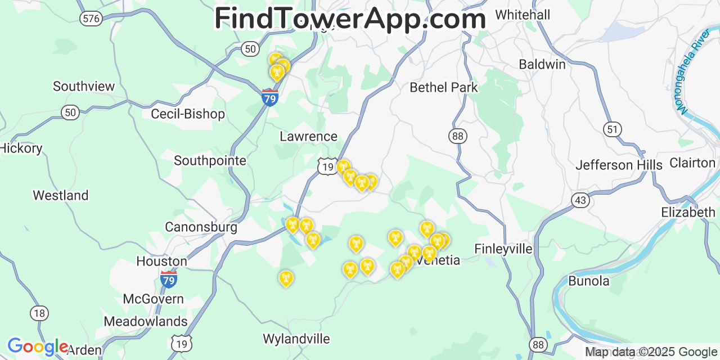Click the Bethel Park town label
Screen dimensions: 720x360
point(443,87)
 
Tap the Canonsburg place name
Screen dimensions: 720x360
point(201,227)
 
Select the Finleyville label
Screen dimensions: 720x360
point(503,249)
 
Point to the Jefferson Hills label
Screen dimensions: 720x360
point(619,165)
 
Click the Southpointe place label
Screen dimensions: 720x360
point(210,161)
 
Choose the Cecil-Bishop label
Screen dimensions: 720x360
point(187,114)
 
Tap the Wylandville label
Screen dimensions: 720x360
point(296,339)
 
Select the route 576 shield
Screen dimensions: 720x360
point(91,19)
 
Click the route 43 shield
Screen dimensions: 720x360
point(580,200)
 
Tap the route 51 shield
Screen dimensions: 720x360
point(613,129)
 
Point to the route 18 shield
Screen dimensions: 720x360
point(39,313)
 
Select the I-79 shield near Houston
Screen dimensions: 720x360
point(168,278)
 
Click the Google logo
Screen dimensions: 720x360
point(37,346)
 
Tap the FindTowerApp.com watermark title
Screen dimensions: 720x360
point(350,19)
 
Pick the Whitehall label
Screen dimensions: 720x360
point(523,15)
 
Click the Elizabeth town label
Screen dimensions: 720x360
point(688,212)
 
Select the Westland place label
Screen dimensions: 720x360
point(60,195)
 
